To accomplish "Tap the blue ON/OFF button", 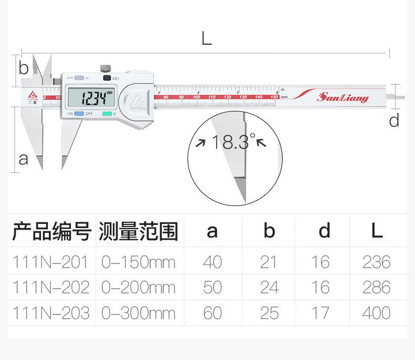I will coord(79,114).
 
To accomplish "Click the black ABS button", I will coord(107,78).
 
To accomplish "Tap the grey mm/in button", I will coord(79,78).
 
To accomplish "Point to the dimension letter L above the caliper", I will coord(206,38).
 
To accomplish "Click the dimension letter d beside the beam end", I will coord(394,121).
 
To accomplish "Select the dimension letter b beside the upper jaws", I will coord(23,68).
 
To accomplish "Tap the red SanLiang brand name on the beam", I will coord(343,98).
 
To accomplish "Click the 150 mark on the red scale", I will coord(274,97).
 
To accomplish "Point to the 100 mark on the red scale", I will coord(196,97).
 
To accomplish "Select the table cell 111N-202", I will coord(50,287).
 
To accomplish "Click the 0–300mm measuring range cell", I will coord(138,313).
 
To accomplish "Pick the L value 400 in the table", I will coord(376,313).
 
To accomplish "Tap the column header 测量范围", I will coord(138,231).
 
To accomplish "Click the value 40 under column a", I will coord(212,262).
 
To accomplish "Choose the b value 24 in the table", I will coord(269,287).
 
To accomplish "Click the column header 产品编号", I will coord(51,231).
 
